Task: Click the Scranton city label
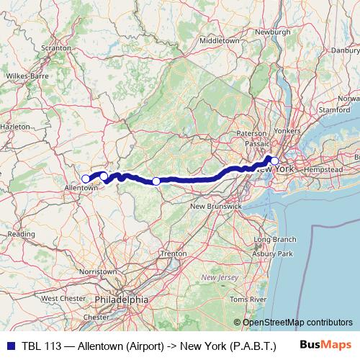point(56,48)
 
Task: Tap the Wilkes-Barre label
point(27,75)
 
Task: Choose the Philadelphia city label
point(121,298)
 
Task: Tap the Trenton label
point(174,254)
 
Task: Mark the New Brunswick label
point(215,207)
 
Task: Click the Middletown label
point(219,41)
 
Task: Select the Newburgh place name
point(273,32)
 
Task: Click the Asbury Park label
point(276,254)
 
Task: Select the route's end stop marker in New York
point(274,161)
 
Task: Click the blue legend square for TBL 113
point(8,345)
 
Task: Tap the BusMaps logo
point(329,345)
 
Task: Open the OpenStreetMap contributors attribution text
point(297,323)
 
